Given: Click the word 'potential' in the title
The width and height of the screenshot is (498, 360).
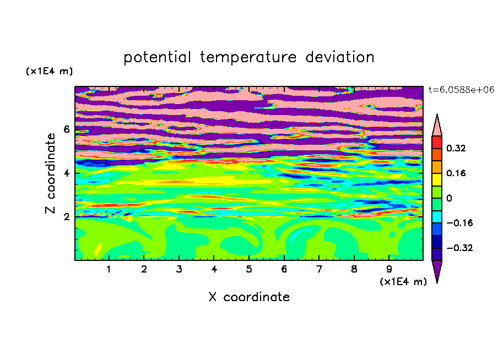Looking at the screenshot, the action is pos(157,58).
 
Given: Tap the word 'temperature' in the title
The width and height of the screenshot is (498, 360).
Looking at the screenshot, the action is pos(248,58).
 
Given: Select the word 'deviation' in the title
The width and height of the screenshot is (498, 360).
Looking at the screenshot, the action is pos(340,57).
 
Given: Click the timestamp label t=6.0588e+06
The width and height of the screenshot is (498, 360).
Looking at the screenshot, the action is pos(462,90).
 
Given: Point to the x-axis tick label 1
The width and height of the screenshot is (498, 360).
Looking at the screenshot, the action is pos(109,270).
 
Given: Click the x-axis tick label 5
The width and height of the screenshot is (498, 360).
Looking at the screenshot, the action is pos(249,270).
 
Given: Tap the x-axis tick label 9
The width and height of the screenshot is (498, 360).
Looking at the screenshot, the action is pos(389,270).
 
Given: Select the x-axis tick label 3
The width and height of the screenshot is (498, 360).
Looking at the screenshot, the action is pos(179,270).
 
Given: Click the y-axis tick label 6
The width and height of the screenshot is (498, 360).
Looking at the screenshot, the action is pos(66,129).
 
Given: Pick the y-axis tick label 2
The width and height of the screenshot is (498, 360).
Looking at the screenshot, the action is pos(66,217).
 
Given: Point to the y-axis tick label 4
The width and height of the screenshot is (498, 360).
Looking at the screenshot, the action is pos(66,173).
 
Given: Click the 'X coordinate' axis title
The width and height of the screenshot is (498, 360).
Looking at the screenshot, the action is pos(249,297).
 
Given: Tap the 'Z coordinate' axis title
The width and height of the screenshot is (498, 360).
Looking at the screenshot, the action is pos(50,173).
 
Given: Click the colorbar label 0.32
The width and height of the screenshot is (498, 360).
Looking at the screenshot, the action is pos(456,148).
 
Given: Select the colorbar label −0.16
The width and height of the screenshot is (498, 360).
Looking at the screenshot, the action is pos(459,223).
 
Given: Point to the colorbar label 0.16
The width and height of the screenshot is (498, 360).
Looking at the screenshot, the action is pos(456,173).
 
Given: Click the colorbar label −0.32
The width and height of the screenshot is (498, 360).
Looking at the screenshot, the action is pos(459,248).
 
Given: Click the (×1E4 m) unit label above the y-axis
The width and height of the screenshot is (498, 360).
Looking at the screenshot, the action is pos(49,72).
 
